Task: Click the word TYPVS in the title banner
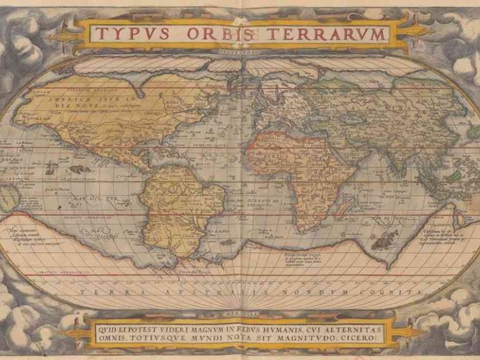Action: [x=129, y=34]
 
